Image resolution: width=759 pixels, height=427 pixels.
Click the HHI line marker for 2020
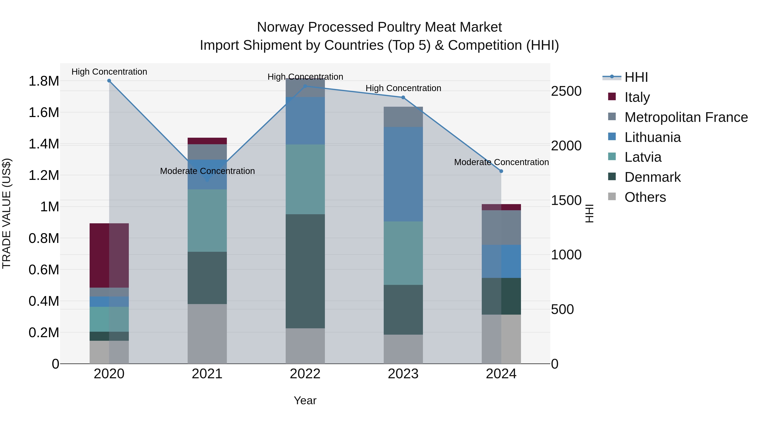(109, 81)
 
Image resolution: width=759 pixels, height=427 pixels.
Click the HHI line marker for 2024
(501, 171)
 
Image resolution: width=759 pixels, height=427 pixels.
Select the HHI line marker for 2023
(403, 98)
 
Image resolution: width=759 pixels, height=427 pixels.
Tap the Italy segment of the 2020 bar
(109, 255)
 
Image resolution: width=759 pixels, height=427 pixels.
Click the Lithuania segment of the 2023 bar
(403, 174)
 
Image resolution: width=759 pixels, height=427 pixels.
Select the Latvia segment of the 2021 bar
(207, 220)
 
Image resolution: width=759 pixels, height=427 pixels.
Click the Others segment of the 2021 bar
(207, 334)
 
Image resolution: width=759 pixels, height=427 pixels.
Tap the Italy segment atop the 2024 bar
(501, 207)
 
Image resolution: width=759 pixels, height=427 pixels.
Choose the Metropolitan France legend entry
(686, 117)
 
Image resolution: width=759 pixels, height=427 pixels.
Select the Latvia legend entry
(643, 157)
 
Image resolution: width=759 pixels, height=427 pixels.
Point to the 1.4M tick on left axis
(44, 144)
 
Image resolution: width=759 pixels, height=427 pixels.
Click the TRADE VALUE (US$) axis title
(7, 213)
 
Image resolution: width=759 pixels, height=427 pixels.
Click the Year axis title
(305, 400)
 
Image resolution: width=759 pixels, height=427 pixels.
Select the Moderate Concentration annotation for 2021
(207, 171)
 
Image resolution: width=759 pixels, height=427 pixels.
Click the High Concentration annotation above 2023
(403, 88)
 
